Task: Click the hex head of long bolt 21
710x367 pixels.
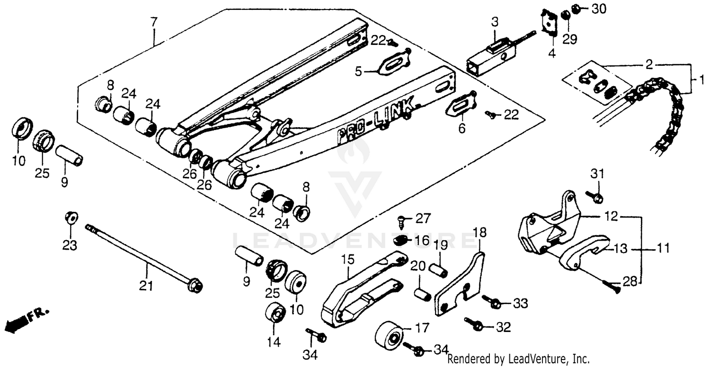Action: click(195, 286)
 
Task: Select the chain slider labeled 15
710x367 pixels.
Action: click(360, 291)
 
